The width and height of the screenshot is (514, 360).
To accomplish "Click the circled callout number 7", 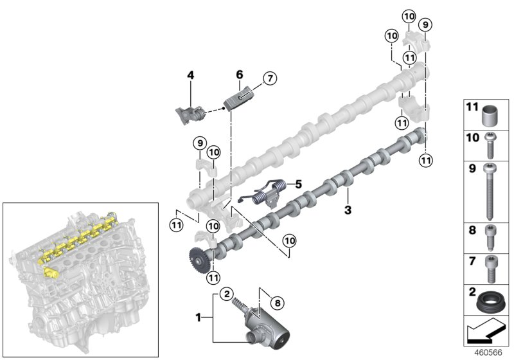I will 268,79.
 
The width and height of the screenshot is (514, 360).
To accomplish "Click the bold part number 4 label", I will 190,75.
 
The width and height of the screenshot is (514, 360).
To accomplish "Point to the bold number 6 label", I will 239,75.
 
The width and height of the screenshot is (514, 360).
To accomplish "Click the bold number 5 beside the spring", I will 298,184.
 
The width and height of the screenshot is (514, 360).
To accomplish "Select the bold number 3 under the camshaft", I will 348,210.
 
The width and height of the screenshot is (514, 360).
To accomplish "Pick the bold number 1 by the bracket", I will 199,317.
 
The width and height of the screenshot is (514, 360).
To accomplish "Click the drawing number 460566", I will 490,352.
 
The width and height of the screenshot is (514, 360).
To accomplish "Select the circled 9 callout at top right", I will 425,24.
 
